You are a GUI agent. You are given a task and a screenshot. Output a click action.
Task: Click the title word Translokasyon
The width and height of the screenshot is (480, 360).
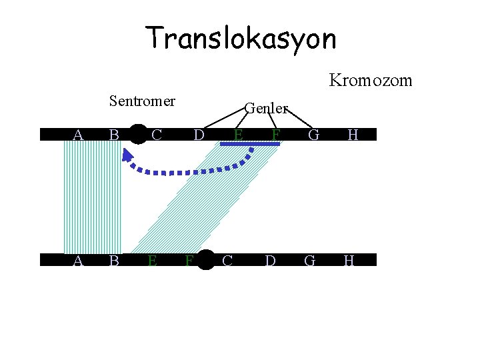coord(241,39)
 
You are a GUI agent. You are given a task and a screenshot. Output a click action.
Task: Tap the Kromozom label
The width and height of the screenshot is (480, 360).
coord(371,81)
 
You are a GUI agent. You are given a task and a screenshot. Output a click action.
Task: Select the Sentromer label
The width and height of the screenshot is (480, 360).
coord(142,101)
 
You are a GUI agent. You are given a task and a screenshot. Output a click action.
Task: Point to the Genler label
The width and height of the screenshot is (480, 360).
coord(265,108)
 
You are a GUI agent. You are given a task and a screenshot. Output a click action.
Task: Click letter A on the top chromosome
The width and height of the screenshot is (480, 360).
coord(78,135)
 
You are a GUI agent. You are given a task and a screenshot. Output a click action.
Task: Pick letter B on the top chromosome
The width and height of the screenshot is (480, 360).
coord(114,135)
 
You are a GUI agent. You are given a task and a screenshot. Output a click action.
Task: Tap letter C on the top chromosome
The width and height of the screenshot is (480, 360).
coord(157,135)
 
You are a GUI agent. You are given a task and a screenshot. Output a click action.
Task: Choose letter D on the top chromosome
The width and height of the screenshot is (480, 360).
coord(199,135)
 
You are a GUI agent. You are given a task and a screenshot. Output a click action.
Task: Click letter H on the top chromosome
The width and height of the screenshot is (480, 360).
coord(353,135)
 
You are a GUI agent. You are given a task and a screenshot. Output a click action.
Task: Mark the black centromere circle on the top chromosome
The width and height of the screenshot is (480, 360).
coord(138,134)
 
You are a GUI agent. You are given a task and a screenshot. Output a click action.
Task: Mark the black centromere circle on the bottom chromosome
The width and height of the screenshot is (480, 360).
coord(207,260)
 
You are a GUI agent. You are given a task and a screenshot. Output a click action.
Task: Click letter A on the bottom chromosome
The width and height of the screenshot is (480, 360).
coord(78,261)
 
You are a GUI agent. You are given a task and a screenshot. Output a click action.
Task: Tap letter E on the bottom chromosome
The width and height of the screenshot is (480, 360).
coord(153,261)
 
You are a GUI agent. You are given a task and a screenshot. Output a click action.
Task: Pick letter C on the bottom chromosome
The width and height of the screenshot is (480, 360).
coord(227,261)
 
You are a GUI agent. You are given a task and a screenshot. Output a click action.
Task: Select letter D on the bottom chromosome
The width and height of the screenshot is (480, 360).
coord(270,261)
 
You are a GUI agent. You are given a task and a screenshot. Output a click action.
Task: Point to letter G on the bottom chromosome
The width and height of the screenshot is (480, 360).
coord(310,261)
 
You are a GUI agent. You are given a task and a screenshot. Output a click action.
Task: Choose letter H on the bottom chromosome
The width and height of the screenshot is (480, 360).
coord(349,261)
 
